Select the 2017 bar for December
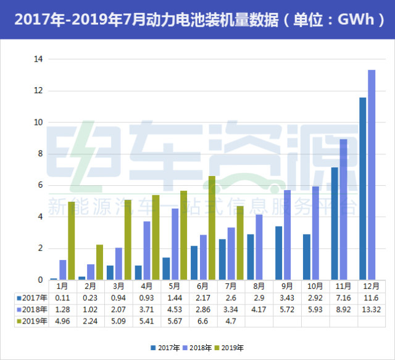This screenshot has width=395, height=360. (x=362, y=188)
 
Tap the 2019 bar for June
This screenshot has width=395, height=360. (x=212, y=228)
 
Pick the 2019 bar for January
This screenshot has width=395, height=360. (x=72, y=241)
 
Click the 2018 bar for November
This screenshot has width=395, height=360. (x=343, y=209)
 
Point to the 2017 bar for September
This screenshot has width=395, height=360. (x=278, y=253)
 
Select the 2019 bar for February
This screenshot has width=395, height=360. (x=100, y=262)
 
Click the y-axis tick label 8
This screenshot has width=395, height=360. (x=39, y=154)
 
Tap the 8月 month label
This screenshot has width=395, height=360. (x=259, y=287)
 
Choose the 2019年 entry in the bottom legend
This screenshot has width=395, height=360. (x=236, y=348)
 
